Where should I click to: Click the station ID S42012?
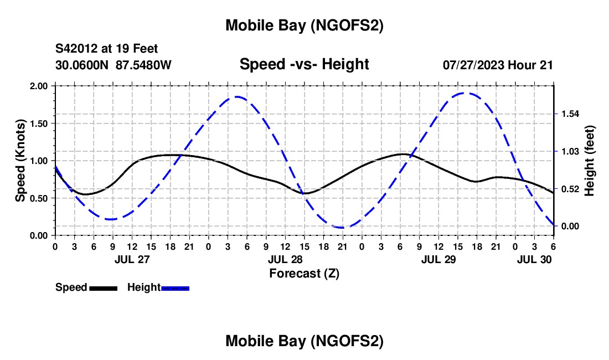tap(78, 49)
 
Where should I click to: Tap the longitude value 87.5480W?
tap(144, 64)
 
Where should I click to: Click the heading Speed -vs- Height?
tap(304, 64)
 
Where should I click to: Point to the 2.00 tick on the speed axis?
tap(38, 86)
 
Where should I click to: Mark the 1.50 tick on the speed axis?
tap(38, 124)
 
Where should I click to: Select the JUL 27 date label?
tap(132, 259)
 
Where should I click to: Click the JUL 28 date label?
tap(285, 259)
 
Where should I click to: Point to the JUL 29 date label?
tap(439, 259)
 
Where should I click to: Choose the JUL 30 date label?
tap(535, 259)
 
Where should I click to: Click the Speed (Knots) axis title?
tap(20, 161)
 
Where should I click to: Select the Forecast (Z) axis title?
tap(304, 273)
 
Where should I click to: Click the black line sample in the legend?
tap(103, 288)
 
